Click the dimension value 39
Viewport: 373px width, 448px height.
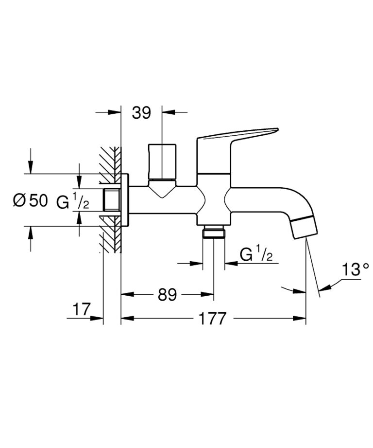click(141, 113)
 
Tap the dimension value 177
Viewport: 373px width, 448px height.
click(212, 319)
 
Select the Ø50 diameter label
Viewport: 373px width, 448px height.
click(31, 200)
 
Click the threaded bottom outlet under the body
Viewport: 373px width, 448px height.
click(214, 233)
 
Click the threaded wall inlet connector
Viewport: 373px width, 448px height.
click(112, 200)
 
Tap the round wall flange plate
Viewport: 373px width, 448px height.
click(125, 200)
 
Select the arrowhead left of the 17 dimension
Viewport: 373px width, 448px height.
click(99, 319)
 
